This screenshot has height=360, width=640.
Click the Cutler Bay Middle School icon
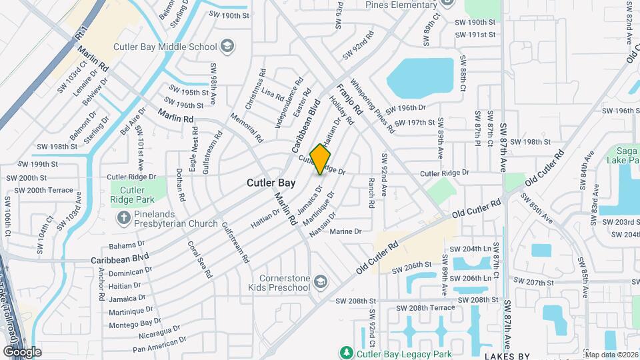coord(227,47)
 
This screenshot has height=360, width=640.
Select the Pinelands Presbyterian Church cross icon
coord(123,217)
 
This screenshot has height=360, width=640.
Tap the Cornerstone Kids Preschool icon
coord(321,282)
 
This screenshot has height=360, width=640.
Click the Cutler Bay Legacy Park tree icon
coord(345,353)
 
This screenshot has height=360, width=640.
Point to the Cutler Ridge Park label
coord(133,195)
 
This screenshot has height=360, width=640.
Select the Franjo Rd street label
coord(348,99)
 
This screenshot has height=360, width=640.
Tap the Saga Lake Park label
coord(623,155)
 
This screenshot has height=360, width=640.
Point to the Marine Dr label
coord(345,231)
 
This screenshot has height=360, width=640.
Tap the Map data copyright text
coord(610,354)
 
